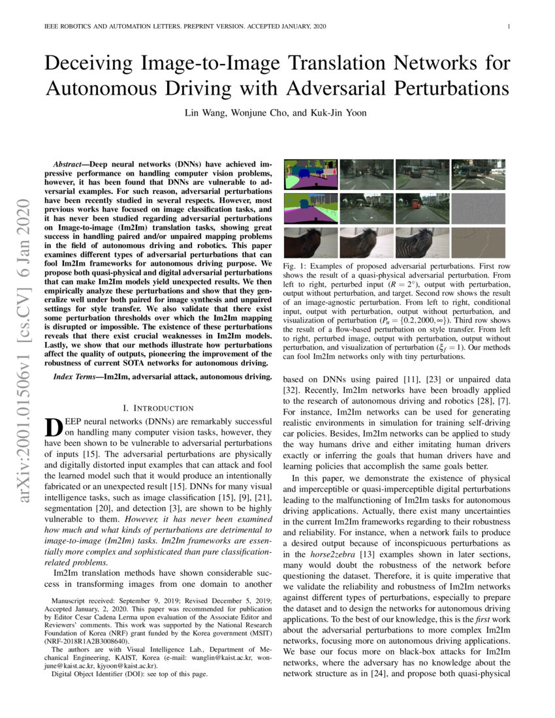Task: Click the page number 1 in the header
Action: click(508, 27)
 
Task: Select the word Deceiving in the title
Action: click(91, 64)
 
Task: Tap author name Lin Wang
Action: click(205, 112)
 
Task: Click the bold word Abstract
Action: click(71, 159)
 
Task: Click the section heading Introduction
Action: click(159, 408)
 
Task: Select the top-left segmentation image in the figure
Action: click(310, 174)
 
